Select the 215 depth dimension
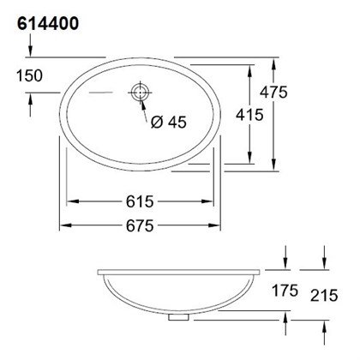point(324,297)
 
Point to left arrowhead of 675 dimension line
point(63,226)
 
